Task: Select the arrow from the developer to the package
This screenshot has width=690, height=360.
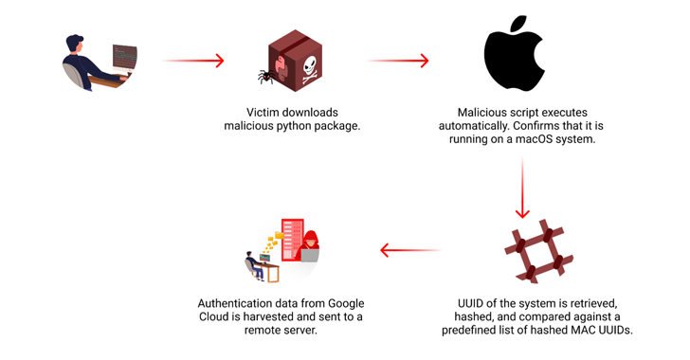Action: (x=193, y=61)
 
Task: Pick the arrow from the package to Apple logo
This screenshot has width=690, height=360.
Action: (x=398, y=61)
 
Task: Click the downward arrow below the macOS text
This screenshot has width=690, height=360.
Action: (x=520, y=189)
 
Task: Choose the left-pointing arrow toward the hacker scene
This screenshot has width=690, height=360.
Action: (x=409, y=251)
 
